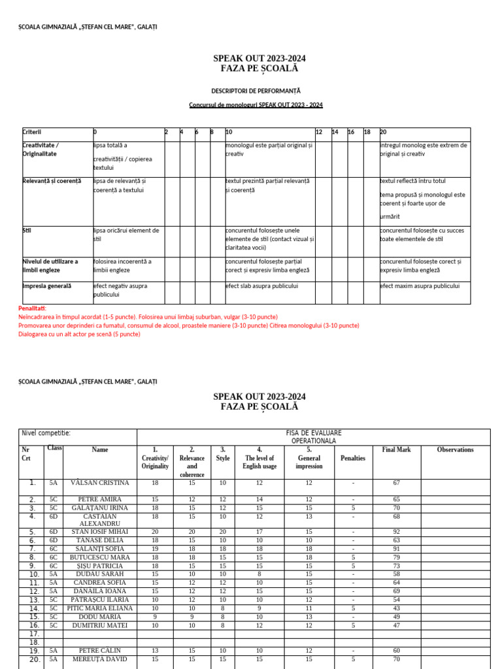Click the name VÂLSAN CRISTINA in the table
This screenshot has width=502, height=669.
(x=100, y=483)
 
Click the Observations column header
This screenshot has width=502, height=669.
(x=456, y=449)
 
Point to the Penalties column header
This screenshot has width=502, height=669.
(x=353, y=458)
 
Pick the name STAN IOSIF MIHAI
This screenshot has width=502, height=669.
(x=100, y=532)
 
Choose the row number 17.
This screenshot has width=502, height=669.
(x=35, y=634)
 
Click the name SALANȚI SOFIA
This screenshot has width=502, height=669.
(x=100, y=549)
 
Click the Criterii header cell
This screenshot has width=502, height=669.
(x=32, y=132)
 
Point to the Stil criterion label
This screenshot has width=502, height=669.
(x=27, y=230)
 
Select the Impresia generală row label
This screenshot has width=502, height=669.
(x=47, y=286)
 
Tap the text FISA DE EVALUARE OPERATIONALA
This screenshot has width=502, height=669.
(x=314, y=437)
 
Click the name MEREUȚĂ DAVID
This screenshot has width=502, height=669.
(x=100, y=659)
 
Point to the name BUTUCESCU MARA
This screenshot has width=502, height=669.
(x=100, y=557)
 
